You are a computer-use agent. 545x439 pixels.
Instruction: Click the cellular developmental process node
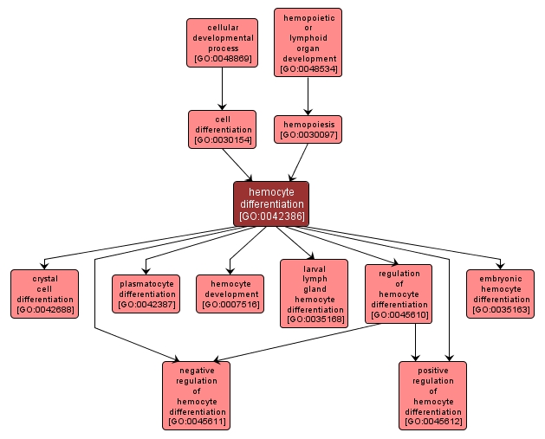(x=222, y=42)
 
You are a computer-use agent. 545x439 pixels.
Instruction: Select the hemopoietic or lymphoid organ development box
(x=308, y=42)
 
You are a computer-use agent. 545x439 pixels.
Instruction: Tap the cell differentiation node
(x=222, y=129)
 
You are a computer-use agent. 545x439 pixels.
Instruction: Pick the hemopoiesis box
(x=308, y=129)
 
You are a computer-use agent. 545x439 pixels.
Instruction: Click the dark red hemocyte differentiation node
(x=270, y=203)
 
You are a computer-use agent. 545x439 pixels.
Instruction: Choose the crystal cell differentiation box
(x=44, y=294)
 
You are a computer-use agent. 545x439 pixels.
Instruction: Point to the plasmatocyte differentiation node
(x=146, y=294)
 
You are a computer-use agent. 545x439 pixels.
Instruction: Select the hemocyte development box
(x=230, y=294)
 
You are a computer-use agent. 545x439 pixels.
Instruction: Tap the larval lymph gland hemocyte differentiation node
(x=314, y=294)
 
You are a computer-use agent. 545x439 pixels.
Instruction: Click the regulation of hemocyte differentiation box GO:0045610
(x=399, y=294)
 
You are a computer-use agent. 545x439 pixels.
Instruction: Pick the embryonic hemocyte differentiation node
(x=500, y=294)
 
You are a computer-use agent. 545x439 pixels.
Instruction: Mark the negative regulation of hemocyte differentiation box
(x=196, y=395)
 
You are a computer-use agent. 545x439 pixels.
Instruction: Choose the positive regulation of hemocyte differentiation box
(x=432, y=395)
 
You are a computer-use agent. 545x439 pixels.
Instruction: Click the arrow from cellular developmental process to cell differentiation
(x=222, y=88)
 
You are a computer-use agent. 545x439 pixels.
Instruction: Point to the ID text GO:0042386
(x=271, y=216)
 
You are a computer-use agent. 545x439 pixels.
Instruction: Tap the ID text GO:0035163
(x=500, y=309)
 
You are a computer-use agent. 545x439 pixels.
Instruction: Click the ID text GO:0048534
(x=308, y=68)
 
